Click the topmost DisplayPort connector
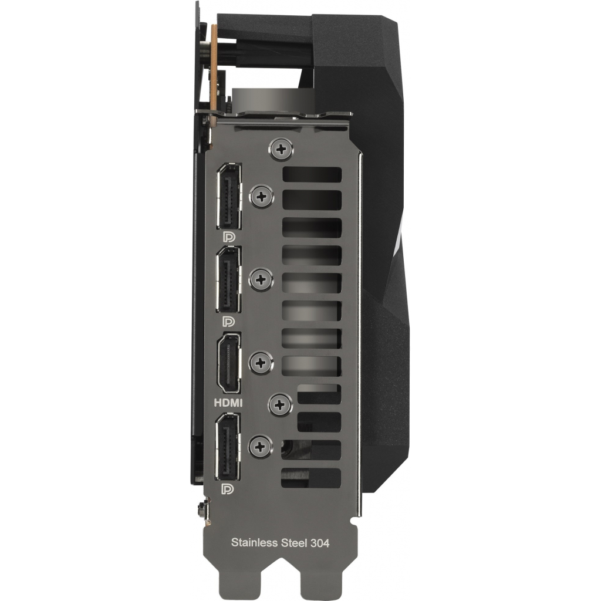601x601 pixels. [x=229, y=196]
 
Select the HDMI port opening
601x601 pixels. [x=229, y=363]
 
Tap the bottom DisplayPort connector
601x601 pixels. [x=228, y=447]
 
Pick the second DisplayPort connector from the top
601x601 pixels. [x=229, y=279]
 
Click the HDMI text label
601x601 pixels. [x=228, y=403]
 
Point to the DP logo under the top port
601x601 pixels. [x=229, y=237]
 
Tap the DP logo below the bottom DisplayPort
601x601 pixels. [x=228, y=489]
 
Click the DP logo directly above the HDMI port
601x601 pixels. [x=229, y=321]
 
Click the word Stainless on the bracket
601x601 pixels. [x=255, y=542]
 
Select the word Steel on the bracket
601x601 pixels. [x=294, y=542]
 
